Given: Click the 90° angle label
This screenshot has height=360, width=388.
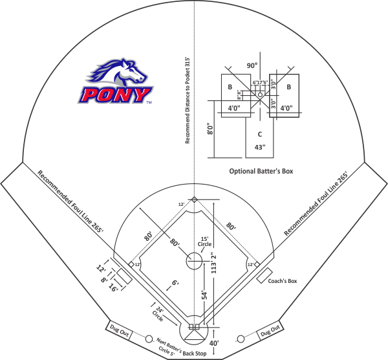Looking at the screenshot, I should click(x=252, y=65).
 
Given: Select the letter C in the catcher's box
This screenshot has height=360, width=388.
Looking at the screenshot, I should click(x=259, y=135).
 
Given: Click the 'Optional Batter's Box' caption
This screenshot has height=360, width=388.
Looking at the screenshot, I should click(x=262, y=172).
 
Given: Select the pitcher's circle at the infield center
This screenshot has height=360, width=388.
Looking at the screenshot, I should click(x=194, y=262).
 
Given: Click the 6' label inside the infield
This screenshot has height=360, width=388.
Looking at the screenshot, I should click(x=175, y=282).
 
